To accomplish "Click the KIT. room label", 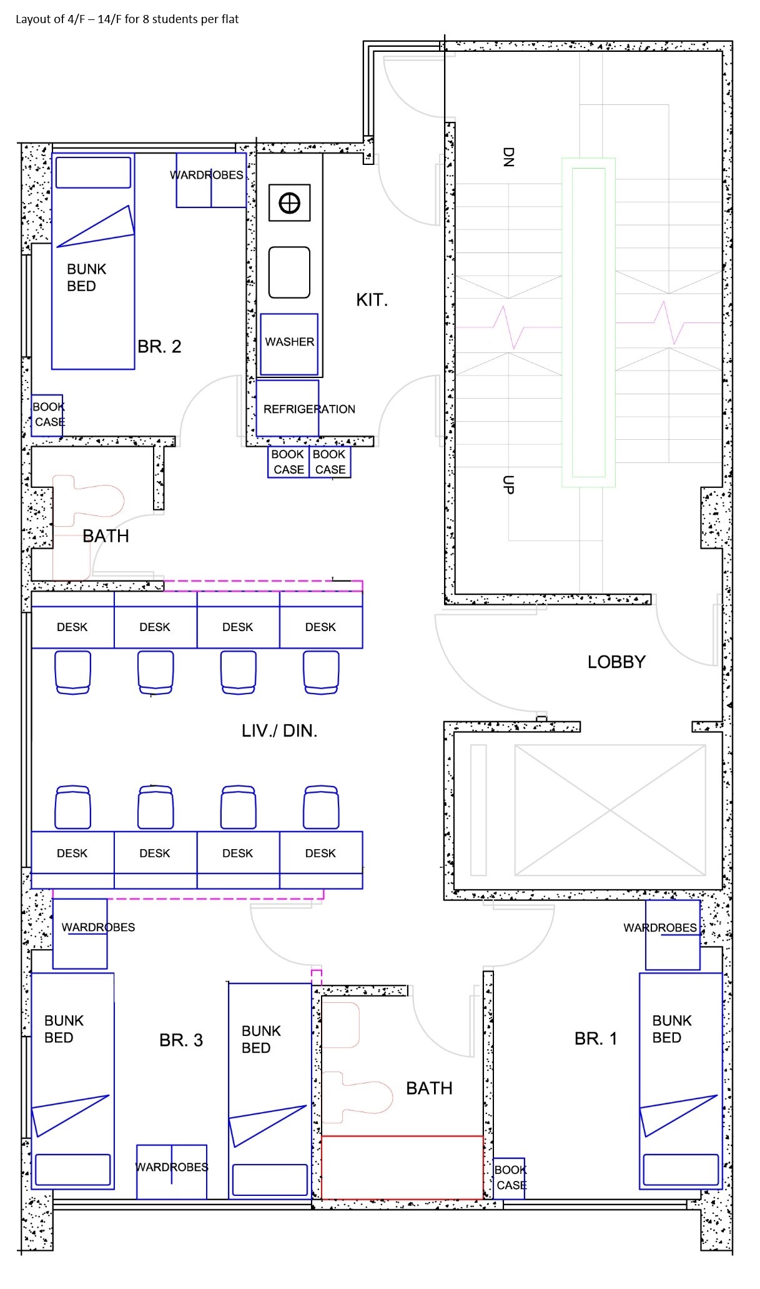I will tap(372, 300).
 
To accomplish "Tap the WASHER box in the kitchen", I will tap(289, 342).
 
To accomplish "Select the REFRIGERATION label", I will tap(309, 409).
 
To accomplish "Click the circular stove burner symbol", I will tap(289, 203).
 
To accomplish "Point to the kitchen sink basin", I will tap(289, 272).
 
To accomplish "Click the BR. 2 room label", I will tap(159, 347).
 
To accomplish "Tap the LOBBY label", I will tap(616, 662).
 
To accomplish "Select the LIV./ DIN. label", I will tap(279, 731).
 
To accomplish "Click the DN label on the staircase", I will tap(508, 157).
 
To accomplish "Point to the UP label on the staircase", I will tap(508, 485).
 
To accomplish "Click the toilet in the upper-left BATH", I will tap(94, 500).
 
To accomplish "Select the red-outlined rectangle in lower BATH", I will tap(402, 1167).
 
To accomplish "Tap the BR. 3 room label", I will tap(181, 1040).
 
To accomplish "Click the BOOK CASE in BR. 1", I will tap(510, 1178).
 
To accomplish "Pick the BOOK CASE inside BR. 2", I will tap(48, 414).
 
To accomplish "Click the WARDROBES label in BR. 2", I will tap(207, 176).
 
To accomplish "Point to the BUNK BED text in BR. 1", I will tap(671, 1029).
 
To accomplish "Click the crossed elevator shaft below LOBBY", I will tap(609, 810).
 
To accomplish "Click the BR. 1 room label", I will tap(595, 1039).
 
